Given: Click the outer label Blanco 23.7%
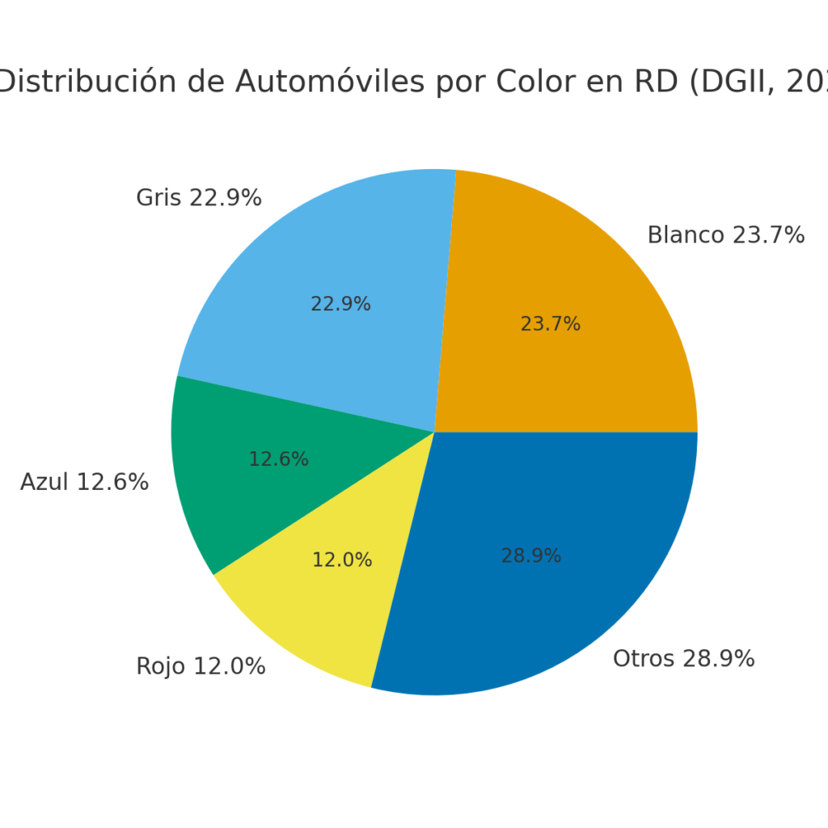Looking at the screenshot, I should pos(725,235).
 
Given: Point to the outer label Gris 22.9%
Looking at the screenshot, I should pos(198,198).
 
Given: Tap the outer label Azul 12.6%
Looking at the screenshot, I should pos(84,483).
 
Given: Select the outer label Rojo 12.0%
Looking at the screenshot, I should pos(201,667).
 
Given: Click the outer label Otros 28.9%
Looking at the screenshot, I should pos(683,659).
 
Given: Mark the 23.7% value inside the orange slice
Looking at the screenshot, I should pos(550,324).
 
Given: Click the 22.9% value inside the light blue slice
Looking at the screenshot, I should pos(340,304).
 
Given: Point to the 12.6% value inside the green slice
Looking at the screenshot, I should pos(278,459).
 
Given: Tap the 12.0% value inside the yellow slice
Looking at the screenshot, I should pos(342,560).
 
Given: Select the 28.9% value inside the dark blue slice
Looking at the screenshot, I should pos(531,556).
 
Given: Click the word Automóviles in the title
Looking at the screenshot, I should pos(330,82).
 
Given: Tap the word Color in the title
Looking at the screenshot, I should pos(537,82).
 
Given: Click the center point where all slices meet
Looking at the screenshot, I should pos(434,432).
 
